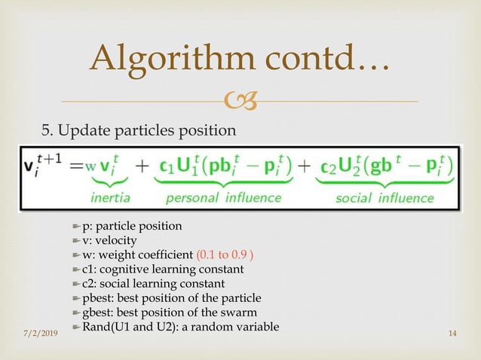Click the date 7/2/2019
(39, 333)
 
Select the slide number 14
(452, 333)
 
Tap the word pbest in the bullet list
(98, 298)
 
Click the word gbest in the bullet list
(98, 313)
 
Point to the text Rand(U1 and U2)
(135, 327)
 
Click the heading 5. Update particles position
(138, 131)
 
